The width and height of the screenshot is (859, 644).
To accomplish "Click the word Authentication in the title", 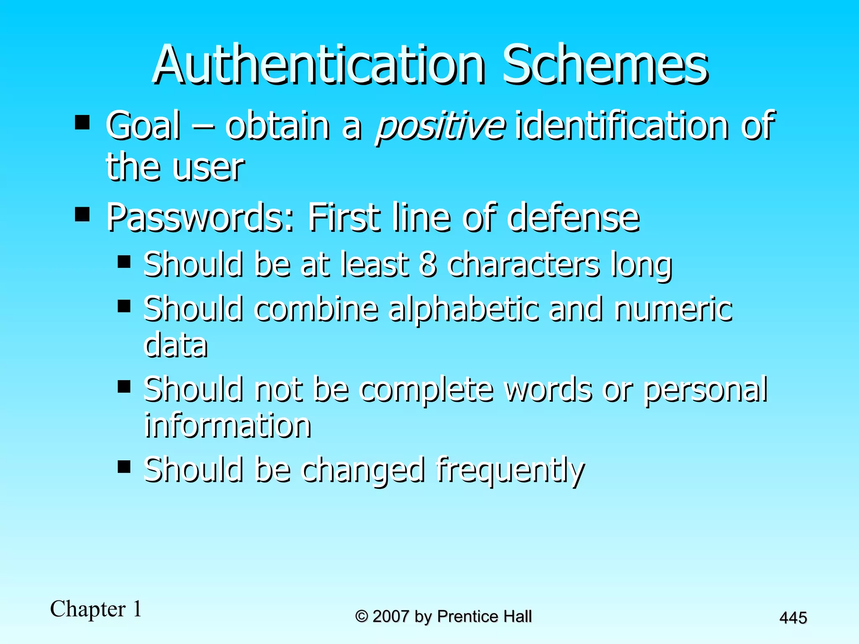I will coord(319,65).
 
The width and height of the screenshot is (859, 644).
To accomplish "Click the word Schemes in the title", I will coord(605,65).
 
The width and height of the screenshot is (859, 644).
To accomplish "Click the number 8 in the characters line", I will coord(428,265).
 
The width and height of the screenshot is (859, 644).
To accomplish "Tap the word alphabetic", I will coord(464,309).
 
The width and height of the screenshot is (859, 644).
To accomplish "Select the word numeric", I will coord(673,309).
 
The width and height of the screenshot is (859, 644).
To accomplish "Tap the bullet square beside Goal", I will coord(82,122).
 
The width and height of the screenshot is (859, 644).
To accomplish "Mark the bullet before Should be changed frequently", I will coord(124,466).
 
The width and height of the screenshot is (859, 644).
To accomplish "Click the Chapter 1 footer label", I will coord(96,609).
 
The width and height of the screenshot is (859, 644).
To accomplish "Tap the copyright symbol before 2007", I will coord(362,617).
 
